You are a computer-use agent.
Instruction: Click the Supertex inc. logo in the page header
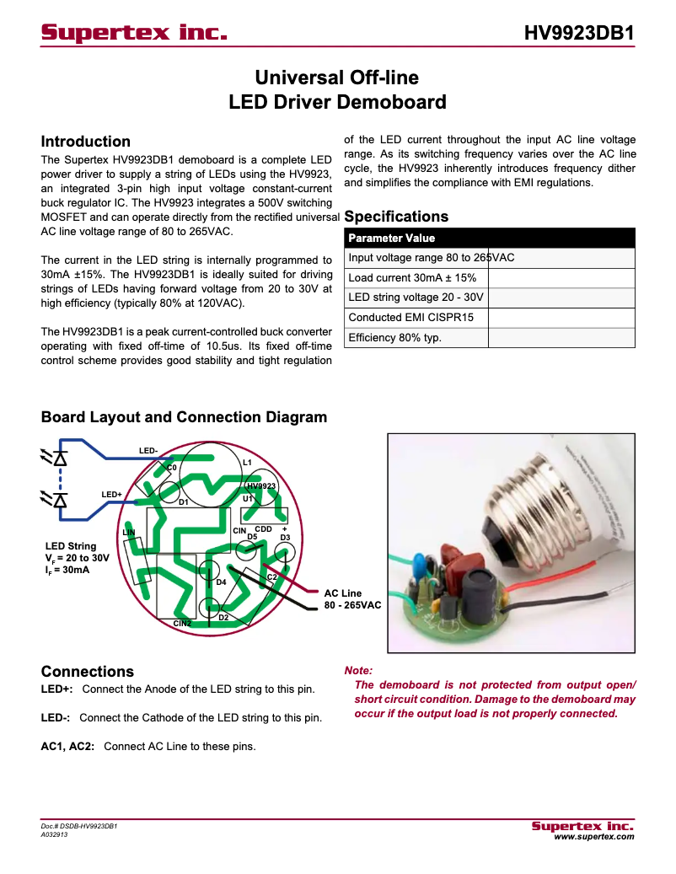pyautogui.click(x=135, y=33)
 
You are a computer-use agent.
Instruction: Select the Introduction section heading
pyautogui.click(x=86, y=142)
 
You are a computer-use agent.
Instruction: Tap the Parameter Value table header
pyautogui.click(x=392, y=239)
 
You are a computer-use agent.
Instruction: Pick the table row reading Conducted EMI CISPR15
pyautogui.click(x=411, y=318)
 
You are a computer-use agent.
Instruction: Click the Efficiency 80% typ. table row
pyautogui.click(x=394, y=338)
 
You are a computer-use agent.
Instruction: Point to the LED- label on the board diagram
pyautogui.click(x=148, y=451)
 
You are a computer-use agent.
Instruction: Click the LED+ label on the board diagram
pyautogui.click(x=111, y=494)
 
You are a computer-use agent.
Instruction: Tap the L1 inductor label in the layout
pyautogui.click(x=247, y=463)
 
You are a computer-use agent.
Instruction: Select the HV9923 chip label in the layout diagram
pyautogui.click(x=261, y=486)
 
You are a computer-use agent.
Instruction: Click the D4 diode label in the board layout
pyautogui.click(x=221, y=582)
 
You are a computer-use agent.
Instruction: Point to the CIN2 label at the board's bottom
pyautogui.click(x=182, y=623)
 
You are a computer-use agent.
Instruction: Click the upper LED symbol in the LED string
pyautogui.click(x=59, y=458)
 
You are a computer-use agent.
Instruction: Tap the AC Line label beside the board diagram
pyautogui.click(x=343, y=593)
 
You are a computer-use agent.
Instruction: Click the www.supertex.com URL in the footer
pyautogui.click(x=593, y=836)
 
